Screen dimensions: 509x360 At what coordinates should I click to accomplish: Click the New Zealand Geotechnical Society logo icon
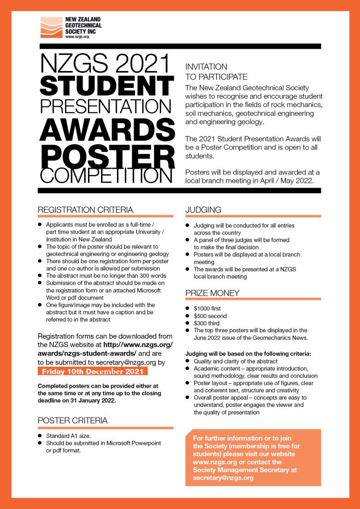pyautogui.click(x=52, y=27)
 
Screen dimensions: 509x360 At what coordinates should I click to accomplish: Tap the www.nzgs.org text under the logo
pyautogui.click(x=77, y=37)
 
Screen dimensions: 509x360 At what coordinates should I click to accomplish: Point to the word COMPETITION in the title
pyautogui.click(x=106, y=175)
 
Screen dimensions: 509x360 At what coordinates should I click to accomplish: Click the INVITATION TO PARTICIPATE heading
pyautogui.click(x=216, y=72)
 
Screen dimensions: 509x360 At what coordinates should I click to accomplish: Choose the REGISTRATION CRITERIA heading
pyautogui.click(x=86, y=210)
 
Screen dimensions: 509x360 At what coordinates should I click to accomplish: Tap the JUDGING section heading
pyautogui.click(x=203, y=210)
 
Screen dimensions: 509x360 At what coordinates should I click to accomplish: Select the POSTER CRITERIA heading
pyautogui.click(x=73, y=421)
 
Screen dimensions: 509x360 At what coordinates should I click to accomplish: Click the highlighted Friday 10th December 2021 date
pyautogui.click(x=92, y=371)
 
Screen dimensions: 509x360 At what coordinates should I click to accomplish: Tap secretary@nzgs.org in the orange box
pyautogui.click(x=223, y=478)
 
